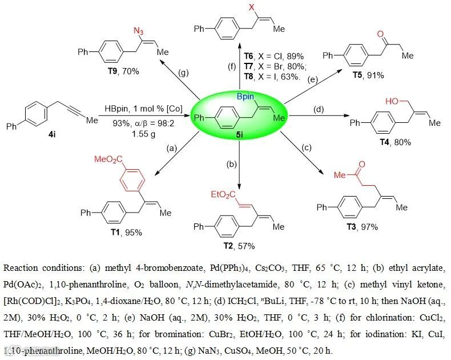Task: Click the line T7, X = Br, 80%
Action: click(x=271, y=66)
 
